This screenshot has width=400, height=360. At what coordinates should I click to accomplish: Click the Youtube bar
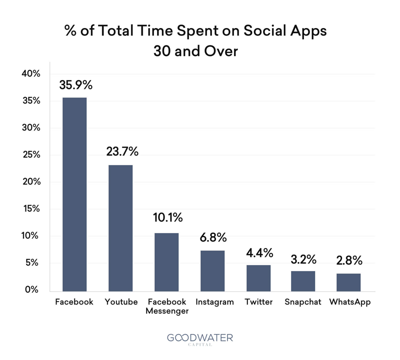coord(120,227)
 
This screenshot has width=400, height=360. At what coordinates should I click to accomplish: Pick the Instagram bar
coord(212,270)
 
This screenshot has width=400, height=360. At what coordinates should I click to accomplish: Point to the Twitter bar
coord(258,277)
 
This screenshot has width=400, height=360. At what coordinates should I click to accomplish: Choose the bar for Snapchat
coord(303,280)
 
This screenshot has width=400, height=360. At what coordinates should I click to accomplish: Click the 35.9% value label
coord(76,85)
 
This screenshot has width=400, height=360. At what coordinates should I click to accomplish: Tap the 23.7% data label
coord(122,151)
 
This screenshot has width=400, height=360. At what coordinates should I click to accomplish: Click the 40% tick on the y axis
coord(30,74)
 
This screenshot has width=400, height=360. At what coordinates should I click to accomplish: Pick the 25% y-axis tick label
coord(30,155)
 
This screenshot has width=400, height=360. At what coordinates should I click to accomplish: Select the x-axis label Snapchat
coord(302,302)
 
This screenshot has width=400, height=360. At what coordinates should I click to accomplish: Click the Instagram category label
coord(214,302)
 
